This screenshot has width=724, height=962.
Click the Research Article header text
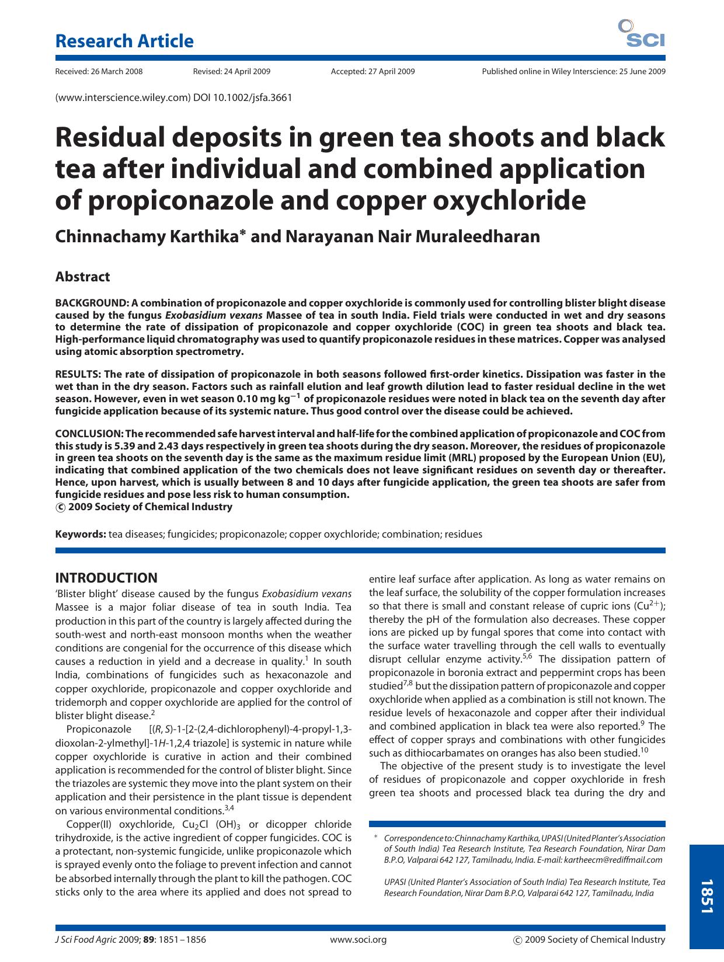pyautogui.click(x=124, y=41)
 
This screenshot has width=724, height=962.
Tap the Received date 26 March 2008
pyautogui.click(x=99, y=72)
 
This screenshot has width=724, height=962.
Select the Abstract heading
pyautogui.click(x=82, y=277)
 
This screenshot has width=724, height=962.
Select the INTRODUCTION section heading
pyautogui.click(x=106, y=578)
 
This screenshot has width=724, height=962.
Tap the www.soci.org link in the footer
pyautogui.click(x=358, y=939)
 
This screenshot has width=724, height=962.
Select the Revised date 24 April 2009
pyautogui.click(x=231, y=72)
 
